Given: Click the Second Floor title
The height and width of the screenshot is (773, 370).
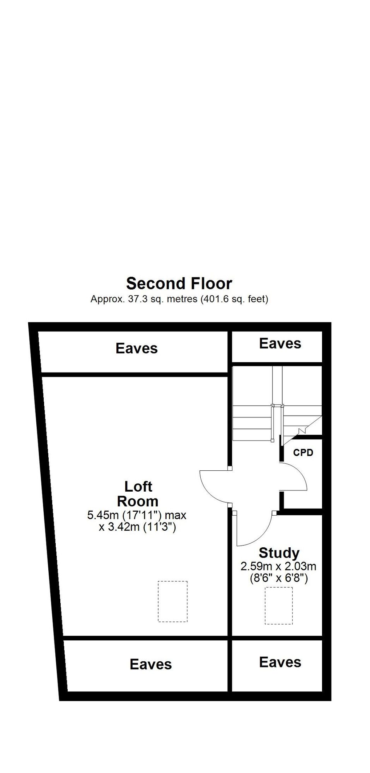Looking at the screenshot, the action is coord(179,283).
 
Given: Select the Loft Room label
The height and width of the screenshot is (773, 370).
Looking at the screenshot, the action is coord(138,494).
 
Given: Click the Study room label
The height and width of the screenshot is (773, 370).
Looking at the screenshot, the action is coord(279,553).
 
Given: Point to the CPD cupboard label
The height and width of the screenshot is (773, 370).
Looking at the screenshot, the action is coord(303,452).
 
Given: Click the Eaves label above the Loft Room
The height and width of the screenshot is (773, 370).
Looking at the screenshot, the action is coord(136,348).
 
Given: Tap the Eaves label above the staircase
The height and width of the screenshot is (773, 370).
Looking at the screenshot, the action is coord(280,343).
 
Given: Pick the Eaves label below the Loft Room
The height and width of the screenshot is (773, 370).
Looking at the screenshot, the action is coord(151,664).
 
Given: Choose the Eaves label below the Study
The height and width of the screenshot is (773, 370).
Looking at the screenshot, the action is coord(280,662).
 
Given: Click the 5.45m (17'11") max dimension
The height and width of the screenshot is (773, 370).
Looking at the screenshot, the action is coord(137,515).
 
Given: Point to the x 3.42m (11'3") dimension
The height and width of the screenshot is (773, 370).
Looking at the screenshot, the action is coord(137,527).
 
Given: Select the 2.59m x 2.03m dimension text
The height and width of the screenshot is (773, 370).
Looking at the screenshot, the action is coord(278,567).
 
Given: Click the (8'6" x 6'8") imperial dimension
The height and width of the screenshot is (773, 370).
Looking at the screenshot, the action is coord(278,579).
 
